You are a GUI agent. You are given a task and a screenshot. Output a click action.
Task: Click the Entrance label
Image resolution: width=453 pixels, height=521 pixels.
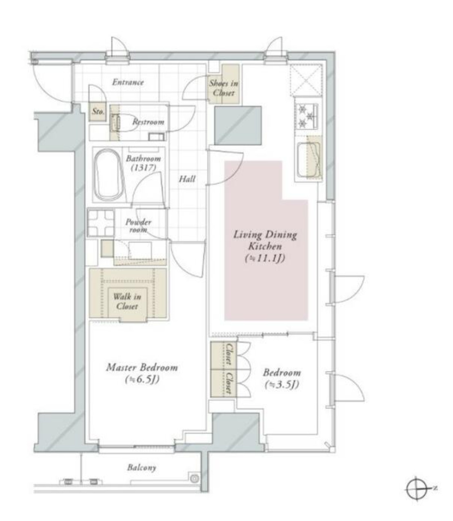[x=128, y=82]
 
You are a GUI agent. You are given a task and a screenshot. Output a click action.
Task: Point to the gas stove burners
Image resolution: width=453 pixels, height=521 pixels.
[x=307, y=116]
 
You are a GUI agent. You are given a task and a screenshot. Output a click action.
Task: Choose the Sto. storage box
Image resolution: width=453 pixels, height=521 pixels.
[x=98, y=111]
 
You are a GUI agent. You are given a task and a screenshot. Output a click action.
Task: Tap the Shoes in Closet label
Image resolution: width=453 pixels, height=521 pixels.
[x=224, y=88]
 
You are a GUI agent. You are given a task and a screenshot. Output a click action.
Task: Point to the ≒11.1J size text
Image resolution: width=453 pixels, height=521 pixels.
[x=265, y=258]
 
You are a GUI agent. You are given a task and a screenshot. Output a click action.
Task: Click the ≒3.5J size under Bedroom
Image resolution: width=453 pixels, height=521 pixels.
[x=282, y=385]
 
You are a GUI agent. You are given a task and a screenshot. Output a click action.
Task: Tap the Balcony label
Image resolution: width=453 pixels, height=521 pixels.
[x=142, y=468]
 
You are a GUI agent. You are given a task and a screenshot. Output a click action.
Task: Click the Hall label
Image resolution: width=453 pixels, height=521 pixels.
[x=187, y=179]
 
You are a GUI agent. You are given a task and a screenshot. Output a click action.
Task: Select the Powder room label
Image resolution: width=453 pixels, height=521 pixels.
[x=138, y=226]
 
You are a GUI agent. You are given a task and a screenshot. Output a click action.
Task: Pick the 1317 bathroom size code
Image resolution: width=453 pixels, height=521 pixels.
[x=143, y=167]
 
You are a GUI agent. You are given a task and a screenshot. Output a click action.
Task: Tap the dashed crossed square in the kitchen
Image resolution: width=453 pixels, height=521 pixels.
[x=307, y=80]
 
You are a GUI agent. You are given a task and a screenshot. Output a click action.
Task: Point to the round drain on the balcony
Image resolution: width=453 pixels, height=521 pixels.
[x=194, y=479]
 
